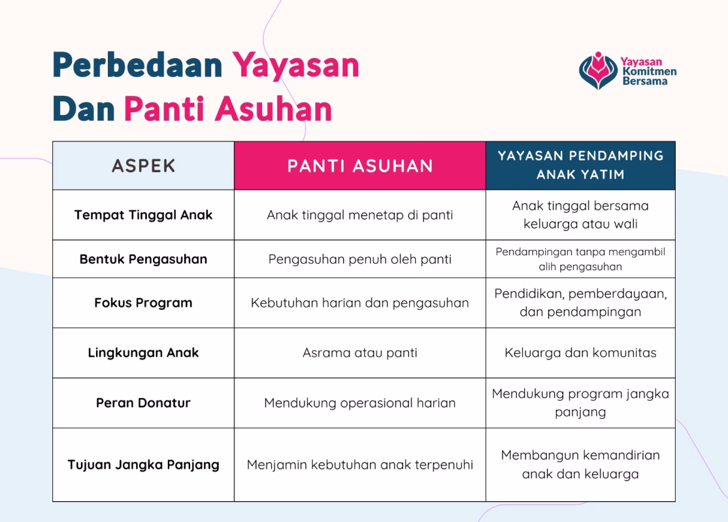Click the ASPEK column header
tap(143, 166)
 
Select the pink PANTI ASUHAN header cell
tap(360, 166)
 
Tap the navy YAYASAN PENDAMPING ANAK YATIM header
tap(580, 165)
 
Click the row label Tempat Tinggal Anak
tap(143, 215)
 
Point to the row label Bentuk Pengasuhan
tap(143, 259)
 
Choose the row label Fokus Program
tap(143, 303)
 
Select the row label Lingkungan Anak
tap(143, 353)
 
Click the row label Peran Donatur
tap(143, 403)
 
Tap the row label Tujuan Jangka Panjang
tap(143, 465)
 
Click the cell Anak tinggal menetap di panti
tap(360, 215)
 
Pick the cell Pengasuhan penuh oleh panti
tap(360, 259)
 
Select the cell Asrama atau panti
tap(360, 353)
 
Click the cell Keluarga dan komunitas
tap(580, 353)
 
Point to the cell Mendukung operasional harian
tap(360, 403)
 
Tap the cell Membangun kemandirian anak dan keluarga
tap(580, 464)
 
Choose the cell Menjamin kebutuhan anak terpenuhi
tap(360, 465)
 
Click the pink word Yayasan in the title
tap(296, 66)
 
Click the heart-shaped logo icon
tap(598, 70)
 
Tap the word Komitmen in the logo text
tap(649, 71)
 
